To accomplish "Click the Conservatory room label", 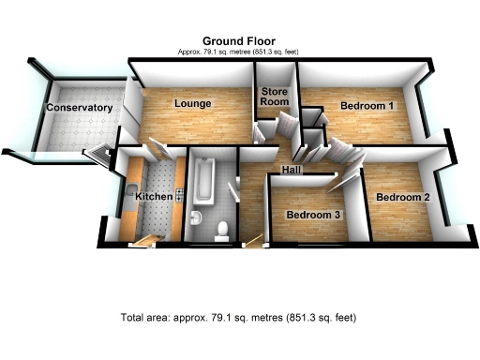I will click(x=80, y=108).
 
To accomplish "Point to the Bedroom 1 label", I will click(x=367, y=106).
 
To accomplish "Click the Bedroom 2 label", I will click(x=402, y=198).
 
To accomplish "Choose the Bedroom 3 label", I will click(x=313, y=215).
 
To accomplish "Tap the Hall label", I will click(x=291, y=170).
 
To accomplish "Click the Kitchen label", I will click(x=154, y=198).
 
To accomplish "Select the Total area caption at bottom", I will click(x=239, y=317).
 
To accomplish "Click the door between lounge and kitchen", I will click(x=157, y=150).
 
